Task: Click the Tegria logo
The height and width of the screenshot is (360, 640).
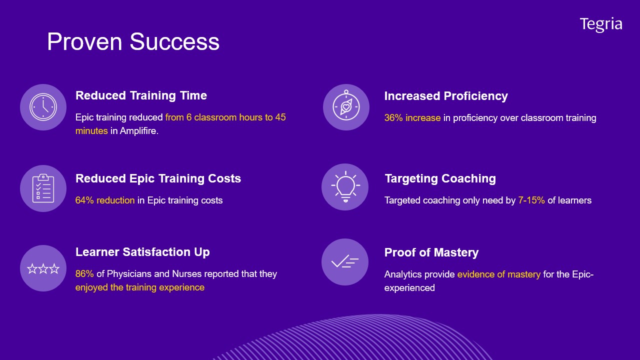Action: click(x=601, y=24)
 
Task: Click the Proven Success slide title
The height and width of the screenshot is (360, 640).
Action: click(x=133, y=41)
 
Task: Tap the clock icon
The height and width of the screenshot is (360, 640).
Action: click(x=43, y=107)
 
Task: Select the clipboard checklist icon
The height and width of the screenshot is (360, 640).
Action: click(x=43, y=188)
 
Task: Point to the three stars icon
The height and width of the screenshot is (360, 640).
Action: click(x=43, y=268)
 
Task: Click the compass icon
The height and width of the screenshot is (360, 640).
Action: click(x=346, y=105)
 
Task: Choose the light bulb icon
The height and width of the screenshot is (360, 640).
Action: click(x=345, y=187)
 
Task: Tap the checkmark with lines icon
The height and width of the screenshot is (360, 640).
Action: click(x=345, y=261)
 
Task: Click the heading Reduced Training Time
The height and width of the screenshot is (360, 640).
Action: click(x=141, y=95)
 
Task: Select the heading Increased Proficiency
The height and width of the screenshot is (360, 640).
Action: click(x=446, y=96)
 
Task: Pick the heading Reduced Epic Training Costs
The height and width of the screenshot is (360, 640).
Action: click(x=158, y=178)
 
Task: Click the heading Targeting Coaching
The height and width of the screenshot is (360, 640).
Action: click(x=440, y=178)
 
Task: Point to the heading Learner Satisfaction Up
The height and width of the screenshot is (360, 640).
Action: click(x=142, y=252)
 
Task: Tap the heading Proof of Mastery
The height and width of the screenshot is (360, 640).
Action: click(x=431, y=252)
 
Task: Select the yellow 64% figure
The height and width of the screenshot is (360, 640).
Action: click(x=84, y=200)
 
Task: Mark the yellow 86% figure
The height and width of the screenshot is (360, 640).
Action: click(x=84, y=273)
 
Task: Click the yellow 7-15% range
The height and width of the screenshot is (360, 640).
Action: click(x=531, y=200)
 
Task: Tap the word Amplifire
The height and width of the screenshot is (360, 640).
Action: click(x=138, y=131)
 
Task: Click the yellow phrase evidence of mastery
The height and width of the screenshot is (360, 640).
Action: click(x=499, y=274)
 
